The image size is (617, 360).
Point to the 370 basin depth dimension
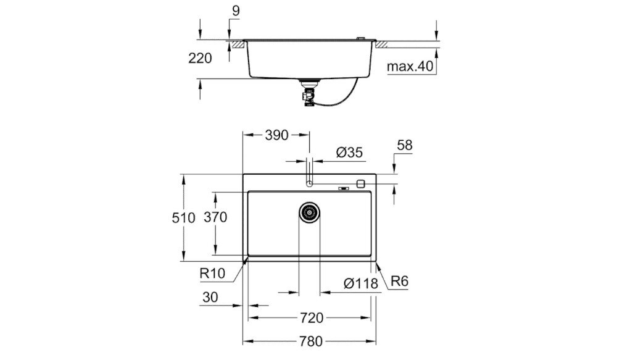click(217, 217)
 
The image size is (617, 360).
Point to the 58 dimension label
click(405, 146)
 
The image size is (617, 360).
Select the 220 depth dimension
click(200, 59)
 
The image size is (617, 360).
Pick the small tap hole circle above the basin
click(310, 183)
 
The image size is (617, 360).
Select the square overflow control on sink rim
click(361, 183)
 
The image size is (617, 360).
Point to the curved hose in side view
click(342, 98)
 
